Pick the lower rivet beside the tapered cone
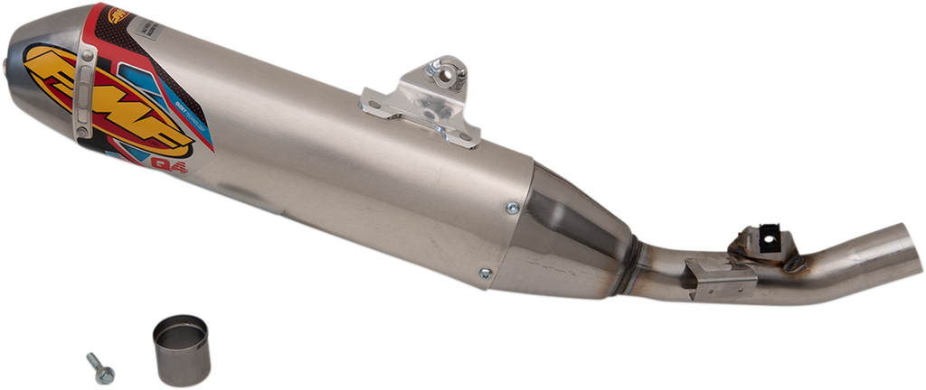(x=486, y=273)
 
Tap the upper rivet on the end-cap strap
(x=88, y=57)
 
